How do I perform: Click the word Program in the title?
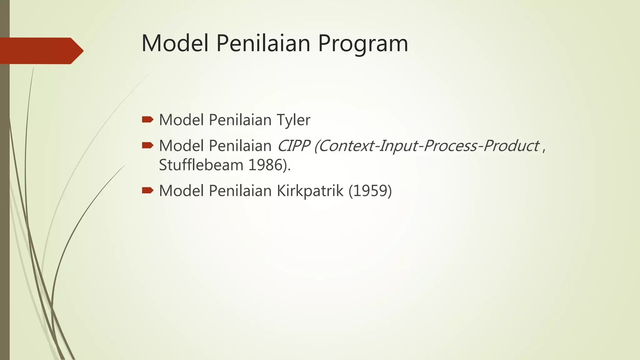point(363,44)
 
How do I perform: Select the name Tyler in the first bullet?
point(293,120)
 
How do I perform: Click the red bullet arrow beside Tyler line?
point(147,119)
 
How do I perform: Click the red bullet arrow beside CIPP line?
point(147,145)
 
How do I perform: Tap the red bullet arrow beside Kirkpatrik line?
point(147,190)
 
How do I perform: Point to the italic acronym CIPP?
point(294,146)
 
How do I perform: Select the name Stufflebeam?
point(201,165)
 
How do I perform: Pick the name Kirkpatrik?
point(310,191)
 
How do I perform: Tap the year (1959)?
point(370,191)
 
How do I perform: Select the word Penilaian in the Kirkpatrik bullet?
point(240,191)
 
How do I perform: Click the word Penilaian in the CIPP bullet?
point(240,146)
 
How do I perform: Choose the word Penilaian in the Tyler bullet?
point(240,120)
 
